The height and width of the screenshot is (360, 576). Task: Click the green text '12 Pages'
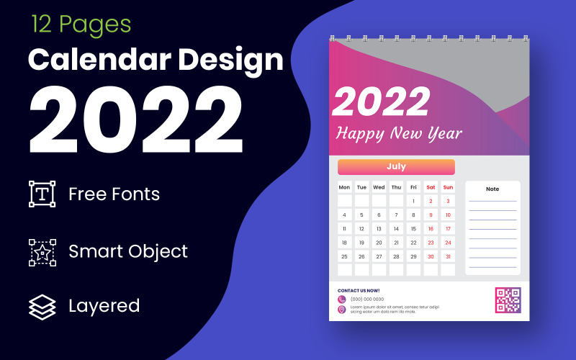coord(81,24)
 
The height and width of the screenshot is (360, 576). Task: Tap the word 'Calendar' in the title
coord(96,60)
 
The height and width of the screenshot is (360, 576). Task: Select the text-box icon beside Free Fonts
coord(42,194)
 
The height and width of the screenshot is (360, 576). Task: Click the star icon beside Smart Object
coord(42,252)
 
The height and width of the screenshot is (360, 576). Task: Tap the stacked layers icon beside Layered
coord(42,306)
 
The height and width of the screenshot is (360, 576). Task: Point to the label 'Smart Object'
coord(127,251)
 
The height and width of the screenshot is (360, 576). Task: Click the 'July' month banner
coord(396,167)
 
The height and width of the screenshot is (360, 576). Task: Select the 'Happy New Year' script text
coord(400,133)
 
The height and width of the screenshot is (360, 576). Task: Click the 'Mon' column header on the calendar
coord(344,187)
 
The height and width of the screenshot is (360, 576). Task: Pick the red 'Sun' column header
coord(448,187)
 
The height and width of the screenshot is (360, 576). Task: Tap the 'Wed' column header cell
coord(379,187)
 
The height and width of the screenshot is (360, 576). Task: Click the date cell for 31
coord(448,256)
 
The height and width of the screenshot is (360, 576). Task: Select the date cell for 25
coord(344,256)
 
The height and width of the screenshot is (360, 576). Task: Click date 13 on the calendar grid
coord(379,229)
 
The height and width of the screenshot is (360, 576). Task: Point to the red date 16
coord(431,229)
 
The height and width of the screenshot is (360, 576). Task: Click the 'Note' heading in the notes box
coord(492,189)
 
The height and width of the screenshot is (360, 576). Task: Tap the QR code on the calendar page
coord(508,300)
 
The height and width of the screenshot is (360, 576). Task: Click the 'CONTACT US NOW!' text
coord(359,291)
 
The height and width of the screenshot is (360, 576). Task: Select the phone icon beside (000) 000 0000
coord(341,300)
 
